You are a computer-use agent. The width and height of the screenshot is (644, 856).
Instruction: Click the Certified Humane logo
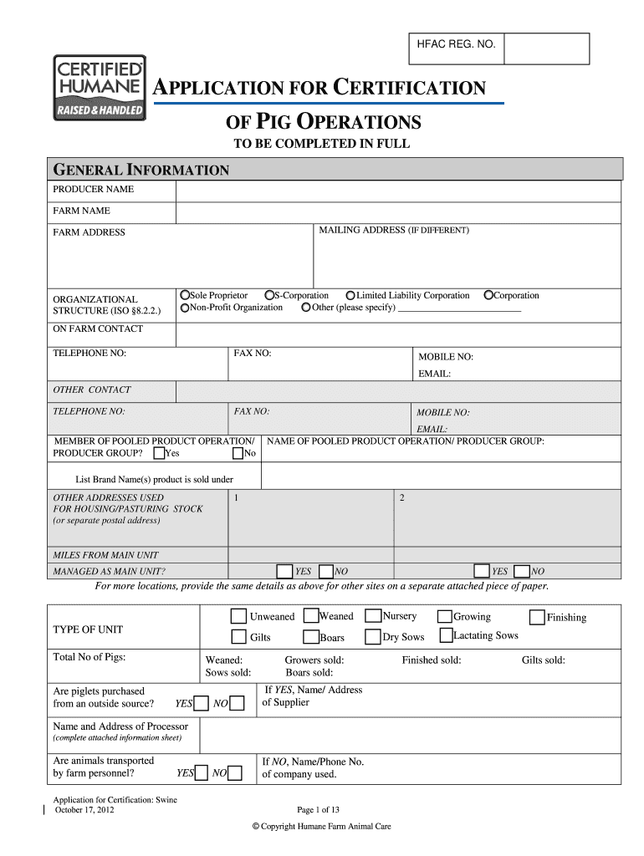[x=100, y=87]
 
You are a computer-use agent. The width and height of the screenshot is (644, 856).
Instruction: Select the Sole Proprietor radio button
[x=185, y=295]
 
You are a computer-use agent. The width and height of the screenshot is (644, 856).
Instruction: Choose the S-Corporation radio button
[x=269, y=295]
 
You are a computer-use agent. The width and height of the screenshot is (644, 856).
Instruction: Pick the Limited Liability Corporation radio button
[x=350, y=295]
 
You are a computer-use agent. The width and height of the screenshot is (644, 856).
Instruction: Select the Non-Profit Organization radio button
[x=185, y=308]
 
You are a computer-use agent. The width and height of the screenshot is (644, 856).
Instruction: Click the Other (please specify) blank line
[x=459, y=308]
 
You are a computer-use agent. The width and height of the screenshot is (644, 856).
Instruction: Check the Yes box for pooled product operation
[x=159, y=453]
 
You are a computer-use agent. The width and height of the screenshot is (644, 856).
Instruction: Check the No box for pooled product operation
[x=238, y=453]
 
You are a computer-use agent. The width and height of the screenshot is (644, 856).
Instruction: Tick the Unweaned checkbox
[x=238, y=617]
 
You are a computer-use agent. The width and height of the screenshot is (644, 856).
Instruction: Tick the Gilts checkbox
[x=238, y=637]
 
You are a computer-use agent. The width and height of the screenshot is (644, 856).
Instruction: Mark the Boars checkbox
[x=310, y=637]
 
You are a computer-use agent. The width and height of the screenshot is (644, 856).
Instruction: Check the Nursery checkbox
[x=373, y=617]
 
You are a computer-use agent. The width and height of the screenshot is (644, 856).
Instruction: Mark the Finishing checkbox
[x=537, y=618]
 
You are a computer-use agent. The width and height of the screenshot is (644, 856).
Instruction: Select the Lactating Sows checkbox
[x=444, y=636]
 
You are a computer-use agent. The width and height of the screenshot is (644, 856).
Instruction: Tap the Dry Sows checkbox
[x=373, y=637]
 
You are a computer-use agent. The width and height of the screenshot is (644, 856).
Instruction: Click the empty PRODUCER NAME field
[x=398, y=191]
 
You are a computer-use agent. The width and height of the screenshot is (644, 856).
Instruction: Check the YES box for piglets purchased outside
[x=201, y=703]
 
